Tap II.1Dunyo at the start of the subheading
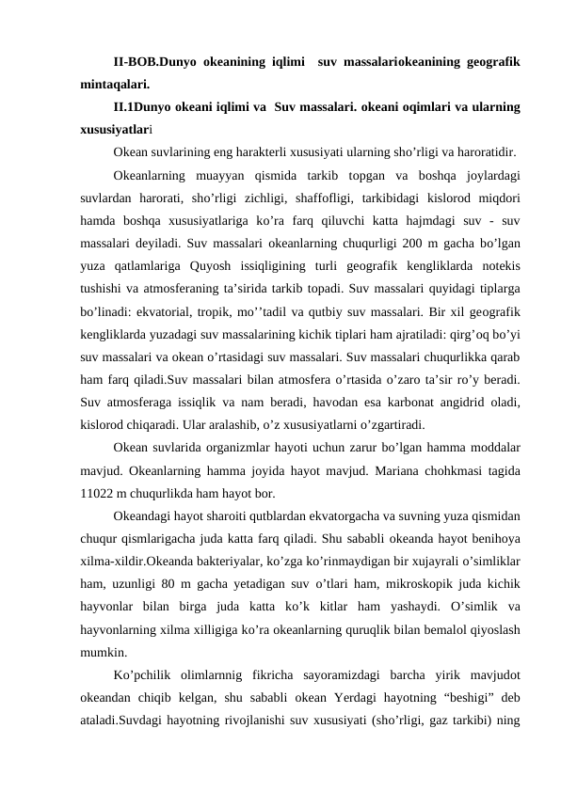click(143, 108)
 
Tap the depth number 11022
click(99, 492)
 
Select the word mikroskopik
click(421, 584)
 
